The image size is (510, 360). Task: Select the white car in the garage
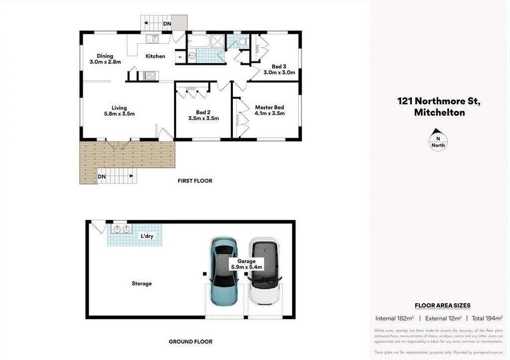coord(264,272)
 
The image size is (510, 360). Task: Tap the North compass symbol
coord(438,142)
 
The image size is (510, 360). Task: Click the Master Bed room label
coord(269,107)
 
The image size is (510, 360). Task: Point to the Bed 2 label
coord(203,112)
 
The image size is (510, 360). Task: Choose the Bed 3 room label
coord(279,66)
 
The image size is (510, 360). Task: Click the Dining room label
coord(105,56)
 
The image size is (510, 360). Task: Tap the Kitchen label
coord(155,56)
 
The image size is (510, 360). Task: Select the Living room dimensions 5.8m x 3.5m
coord(119,114)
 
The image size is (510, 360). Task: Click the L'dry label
coord(147,236)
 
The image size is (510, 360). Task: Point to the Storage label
coord(142,284)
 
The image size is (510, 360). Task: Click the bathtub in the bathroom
coord(199,40)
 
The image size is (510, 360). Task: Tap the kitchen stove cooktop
coord(150,76)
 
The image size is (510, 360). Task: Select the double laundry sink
coord(122,229)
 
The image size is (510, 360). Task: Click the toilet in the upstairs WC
coord(243,42)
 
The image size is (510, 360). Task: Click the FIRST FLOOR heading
coord(195,180)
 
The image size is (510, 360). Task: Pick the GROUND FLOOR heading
coord(190,342)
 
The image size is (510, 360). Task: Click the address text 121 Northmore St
coord(439,101)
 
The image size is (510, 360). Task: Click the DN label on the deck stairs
coord(102,176)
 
